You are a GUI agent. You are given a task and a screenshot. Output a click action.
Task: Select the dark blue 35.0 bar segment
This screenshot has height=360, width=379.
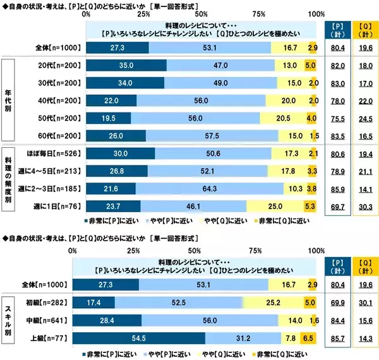pyautogui.click(x=125, y=66)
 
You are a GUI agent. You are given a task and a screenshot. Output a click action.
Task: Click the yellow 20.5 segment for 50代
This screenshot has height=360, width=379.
pyautogui.click(x=282, y=118)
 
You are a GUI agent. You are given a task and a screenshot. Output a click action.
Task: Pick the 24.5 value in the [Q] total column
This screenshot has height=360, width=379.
pyautogui.click(x=364, y=118)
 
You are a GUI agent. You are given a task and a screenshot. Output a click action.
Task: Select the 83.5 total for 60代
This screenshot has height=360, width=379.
pyautogui.click(x=339, y=135)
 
